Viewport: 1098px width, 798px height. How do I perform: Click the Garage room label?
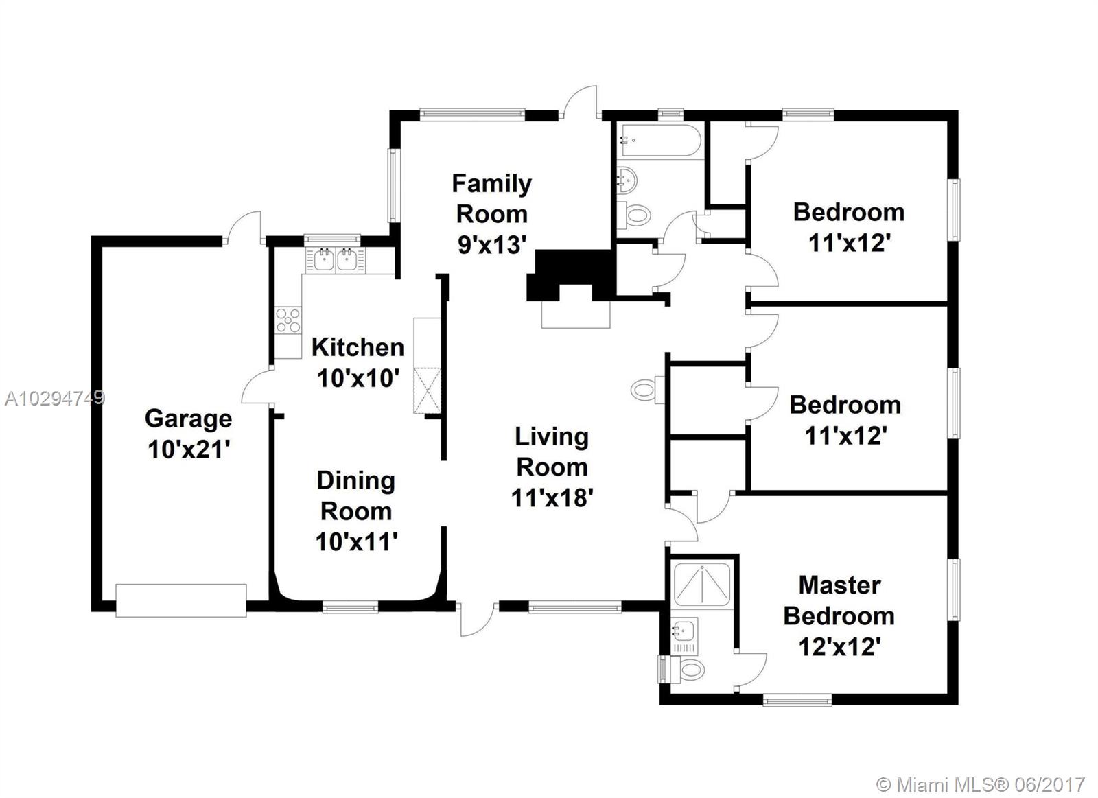[189, 419]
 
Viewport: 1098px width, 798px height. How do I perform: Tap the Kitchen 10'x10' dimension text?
[358, 378]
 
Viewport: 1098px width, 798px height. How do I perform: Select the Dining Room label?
[356, 495]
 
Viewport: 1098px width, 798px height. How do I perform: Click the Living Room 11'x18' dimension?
[552, 498]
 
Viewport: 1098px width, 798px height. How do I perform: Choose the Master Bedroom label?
[839, 600]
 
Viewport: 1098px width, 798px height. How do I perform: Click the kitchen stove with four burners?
[288, 320]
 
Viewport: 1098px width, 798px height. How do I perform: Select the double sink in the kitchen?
[336, 260]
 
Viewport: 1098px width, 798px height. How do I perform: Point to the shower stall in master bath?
[702, 585]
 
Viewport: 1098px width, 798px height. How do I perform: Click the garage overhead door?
[181, 600]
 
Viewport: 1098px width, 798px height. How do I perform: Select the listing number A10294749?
[55, 398]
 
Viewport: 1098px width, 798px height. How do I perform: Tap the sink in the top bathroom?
[627, 180]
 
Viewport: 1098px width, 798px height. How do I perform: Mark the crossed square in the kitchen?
[427, 390]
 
